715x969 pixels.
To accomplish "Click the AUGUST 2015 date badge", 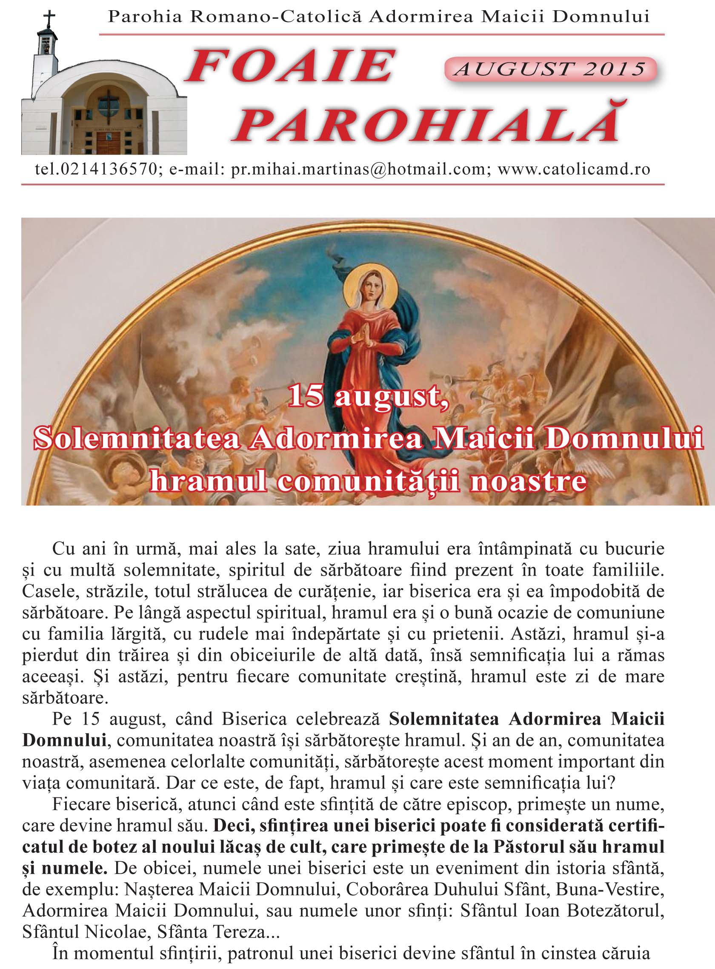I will (550, 69).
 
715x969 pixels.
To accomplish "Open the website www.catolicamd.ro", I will (574, 169).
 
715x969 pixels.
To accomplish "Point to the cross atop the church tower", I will (50, 19).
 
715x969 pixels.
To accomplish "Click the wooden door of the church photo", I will (108, 143).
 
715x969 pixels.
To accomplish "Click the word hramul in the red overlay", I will (208, 482).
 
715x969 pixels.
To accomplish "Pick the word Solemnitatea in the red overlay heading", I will (137, 439).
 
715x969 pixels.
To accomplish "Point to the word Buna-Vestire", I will (609, 889).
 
